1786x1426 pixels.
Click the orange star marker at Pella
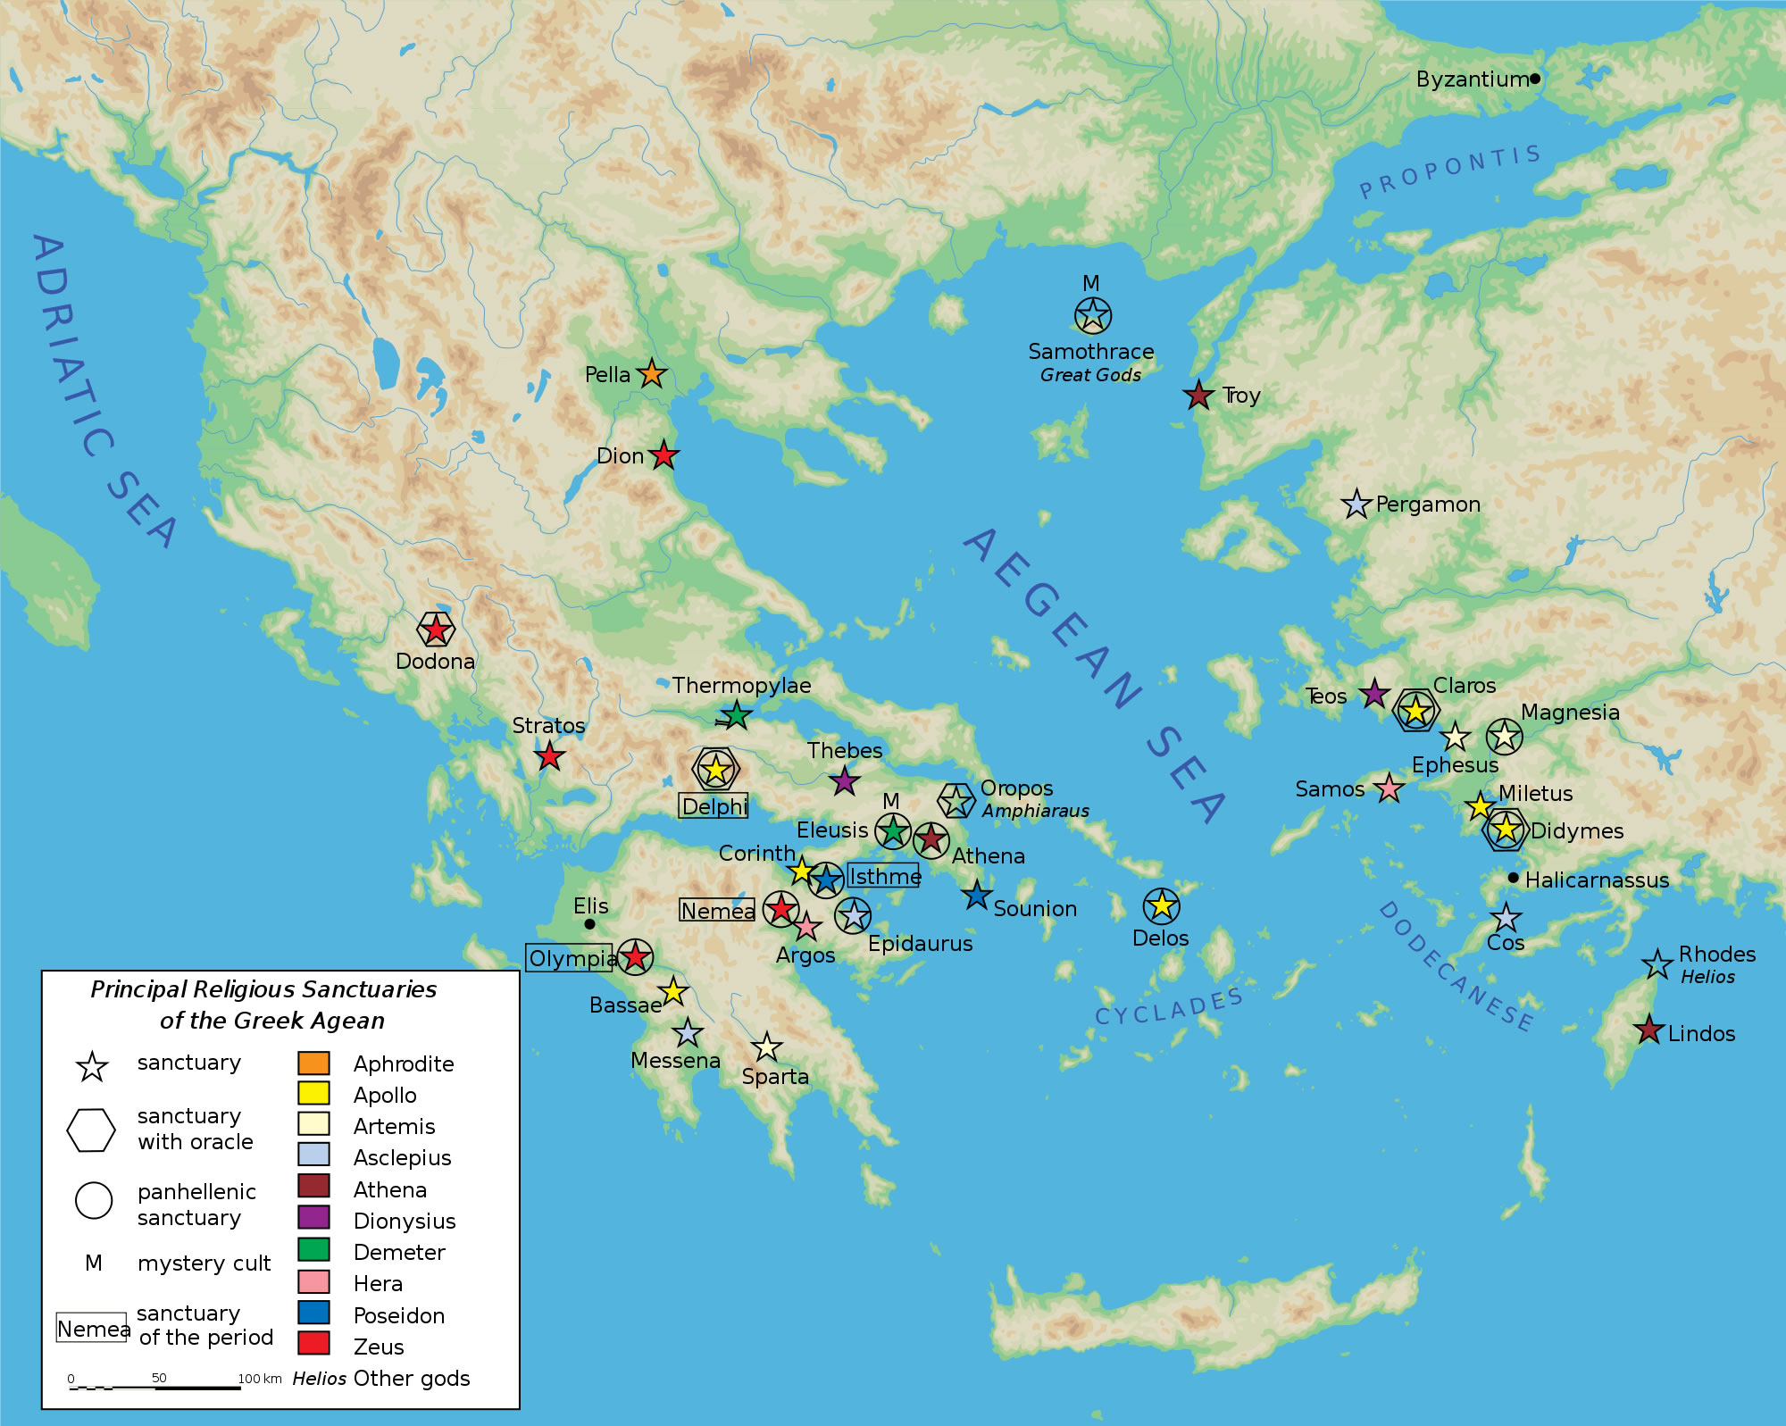(652, 373)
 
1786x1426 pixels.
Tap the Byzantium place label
(1472, 79)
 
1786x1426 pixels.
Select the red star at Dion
(663, 455)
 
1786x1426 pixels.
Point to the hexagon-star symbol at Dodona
(436, 630)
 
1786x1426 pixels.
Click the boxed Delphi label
(714, 806)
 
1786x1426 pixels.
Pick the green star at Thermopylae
(735, 714)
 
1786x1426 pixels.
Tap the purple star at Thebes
(845, 780)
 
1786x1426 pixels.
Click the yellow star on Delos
(1161, 906)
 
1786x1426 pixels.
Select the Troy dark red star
(1198, 395)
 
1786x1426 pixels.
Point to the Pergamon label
(1427, 505)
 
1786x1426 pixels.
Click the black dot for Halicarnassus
(1513, 878)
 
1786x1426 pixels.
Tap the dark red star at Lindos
(1648, 1030)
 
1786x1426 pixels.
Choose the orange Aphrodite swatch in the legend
(313, 1063)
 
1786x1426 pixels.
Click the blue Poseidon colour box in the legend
(313, 1313)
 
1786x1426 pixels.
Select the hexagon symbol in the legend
(91, 1130)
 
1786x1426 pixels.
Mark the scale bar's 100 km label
(259, 1379)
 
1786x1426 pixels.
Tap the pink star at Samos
(1388, 788)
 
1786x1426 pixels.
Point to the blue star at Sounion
(977, 895)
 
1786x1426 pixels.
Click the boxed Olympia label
(570, 958)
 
